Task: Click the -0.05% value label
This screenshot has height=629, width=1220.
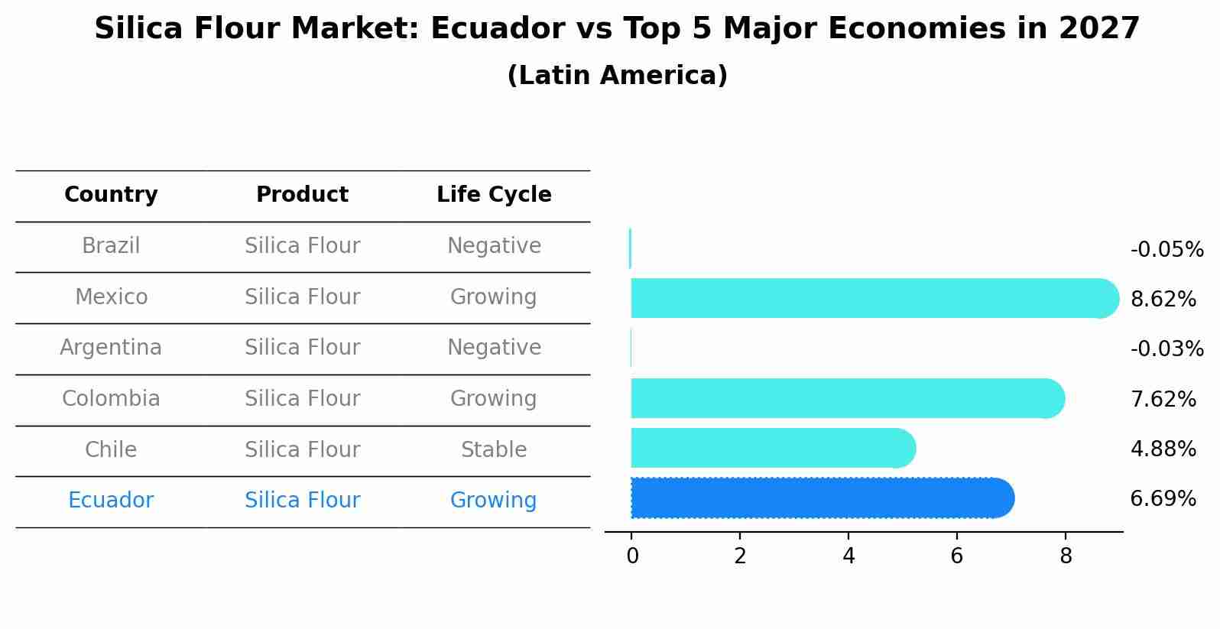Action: (1166, 250)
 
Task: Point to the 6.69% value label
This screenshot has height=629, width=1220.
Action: (1163, 499)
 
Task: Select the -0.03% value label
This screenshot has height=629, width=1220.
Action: (1166, 349)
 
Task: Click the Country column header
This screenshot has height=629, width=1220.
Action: (111, 195)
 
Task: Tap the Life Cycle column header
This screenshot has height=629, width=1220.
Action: (494, 195)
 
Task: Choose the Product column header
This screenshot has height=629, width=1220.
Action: (302, 195)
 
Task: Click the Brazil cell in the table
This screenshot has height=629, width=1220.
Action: (111, 246)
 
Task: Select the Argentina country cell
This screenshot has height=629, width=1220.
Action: (111, 348)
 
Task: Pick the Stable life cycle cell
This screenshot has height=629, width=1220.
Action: (494, 449)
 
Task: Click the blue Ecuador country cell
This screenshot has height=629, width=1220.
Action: (111, 501)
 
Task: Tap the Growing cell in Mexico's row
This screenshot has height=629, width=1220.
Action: (494, 297)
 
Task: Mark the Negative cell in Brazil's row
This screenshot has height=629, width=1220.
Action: (494, 246)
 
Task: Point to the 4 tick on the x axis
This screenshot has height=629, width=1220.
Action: (848, 556)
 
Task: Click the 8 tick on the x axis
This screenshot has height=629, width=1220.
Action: (1066, 556)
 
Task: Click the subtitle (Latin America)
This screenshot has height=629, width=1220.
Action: (617, 76)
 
